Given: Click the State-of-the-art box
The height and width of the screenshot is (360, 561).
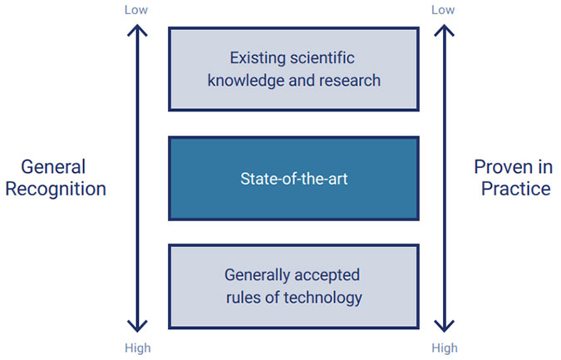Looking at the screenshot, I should coord(293,178).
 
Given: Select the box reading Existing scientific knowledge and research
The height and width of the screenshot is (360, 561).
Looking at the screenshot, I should coord(293,69).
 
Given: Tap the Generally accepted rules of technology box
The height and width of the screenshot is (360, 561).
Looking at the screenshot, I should coord(293,285).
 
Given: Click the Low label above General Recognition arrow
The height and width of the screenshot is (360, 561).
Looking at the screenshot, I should coord(137,10).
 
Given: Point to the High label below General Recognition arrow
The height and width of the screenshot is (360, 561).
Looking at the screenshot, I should coord(138,348).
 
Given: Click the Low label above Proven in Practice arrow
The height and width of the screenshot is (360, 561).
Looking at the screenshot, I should coord(444,10).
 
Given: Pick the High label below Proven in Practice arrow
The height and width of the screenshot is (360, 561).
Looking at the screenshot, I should coord(445,348).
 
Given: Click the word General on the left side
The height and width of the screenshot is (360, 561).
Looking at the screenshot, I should coord(54,167).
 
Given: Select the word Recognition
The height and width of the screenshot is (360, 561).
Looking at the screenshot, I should coord(56,189).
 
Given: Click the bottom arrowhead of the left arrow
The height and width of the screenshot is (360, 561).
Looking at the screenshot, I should coord(137,325).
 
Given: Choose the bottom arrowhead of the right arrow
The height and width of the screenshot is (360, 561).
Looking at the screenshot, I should coord(444,325).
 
